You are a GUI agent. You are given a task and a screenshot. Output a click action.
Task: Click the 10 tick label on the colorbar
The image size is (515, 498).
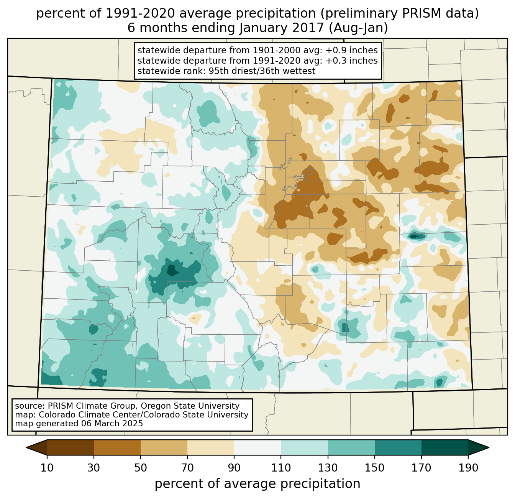click(x=47, y=468)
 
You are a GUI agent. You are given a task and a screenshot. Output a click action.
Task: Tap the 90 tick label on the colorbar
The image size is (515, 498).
click(x=234, y=468)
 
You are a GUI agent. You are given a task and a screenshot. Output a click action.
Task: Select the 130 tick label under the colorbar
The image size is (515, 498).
click(x=328, y=468)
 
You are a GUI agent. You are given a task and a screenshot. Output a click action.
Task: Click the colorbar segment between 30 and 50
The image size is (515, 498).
click(x=117, y=447)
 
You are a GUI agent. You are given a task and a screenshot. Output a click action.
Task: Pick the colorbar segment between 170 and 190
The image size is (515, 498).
click(x=445, y=447)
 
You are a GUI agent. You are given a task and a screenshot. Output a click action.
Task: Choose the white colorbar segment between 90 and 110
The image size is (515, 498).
click(x=257, y=447)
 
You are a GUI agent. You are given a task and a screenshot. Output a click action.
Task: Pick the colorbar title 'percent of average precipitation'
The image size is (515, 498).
click(x=257, y=484)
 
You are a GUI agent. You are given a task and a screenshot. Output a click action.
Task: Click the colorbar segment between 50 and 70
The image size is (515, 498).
click(x=164, y=447)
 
